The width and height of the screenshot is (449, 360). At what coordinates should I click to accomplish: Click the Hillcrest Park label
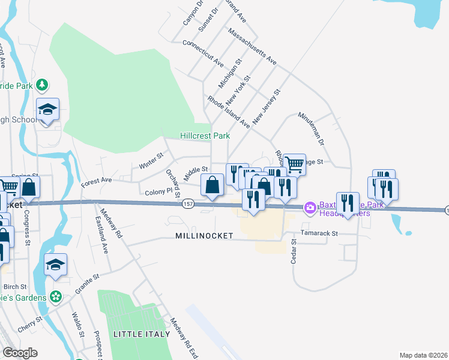coord(205,136)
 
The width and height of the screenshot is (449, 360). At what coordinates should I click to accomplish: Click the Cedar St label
coord(294,251)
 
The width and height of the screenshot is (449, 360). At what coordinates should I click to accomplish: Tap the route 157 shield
coord(187,205)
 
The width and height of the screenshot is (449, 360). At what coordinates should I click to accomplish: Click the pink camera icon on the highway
coord(310,208)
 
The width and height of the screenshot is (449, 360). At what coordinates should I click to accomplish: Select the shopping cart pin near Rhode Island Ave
coord(294,164)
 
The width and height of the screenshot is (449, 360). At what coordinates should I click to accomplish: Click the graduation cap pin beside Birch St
coord(55,265)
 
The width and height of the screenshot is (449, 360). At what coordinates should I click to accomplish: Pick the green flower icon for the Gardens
coord(56,297)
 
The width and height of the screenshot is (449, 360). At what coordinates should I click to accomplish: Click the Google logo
coord(20,353)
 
